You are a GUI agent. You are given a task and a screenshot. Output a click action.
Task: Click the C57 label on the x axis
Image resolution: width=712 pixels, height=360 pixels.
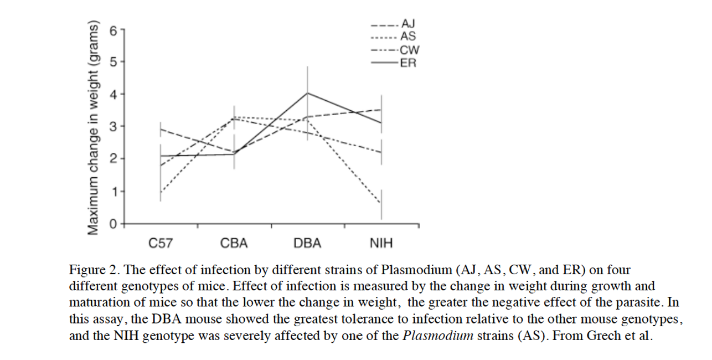pos(161,243)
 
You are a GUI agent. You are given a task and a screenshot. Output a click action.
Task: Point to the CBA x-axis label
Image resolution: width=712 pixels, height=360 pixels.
pos(234,243)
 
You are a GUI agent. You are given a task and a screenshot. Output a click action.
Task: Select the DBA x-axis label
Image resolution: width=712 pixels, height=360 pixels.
pos(307,243)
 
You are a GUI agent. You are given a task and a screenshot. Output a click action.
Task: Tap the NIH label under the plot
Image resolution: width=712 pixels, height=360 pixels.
pos(380,243)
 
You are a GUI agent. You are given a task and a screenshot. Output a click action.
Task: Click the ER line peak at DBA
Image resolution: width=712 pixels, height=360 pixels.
pos(307,93)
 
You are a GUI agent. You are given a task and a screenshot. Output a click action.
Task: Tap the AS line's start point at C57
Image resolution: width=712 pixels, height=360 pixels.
pos(161,192)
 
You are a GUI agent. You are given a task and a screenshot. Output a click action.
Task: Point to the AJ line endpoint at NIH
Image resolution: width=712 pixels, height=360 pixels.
pos(381,109)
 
